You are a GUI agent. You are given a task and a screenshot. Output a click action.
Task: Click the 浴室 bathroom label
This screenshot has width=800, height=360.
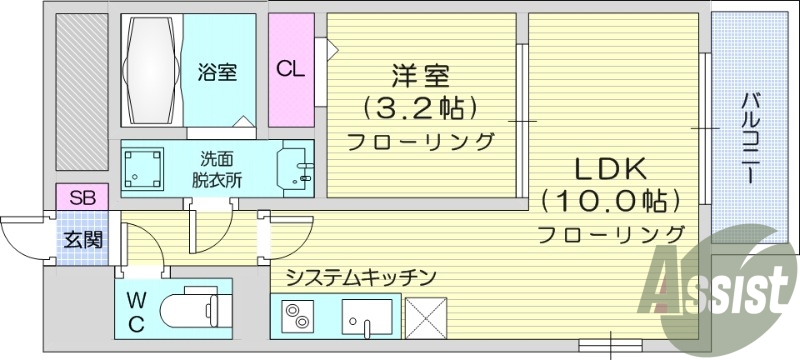pos(216,72)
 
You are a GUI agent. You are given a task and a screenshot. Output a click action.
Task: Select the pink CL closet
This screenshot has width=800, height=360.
pos(291,69)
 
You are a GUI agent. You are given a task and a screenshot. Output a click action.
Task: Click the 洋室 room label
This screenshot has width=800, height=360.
pos(420,76)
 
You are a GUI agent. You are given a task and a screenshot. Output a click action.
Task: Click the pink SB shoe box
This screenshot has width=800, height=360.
pos(82,198)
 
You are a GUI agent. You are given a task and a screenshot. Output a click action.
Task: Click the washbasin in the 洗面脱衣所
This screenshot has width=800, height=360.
pos(296,167)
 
